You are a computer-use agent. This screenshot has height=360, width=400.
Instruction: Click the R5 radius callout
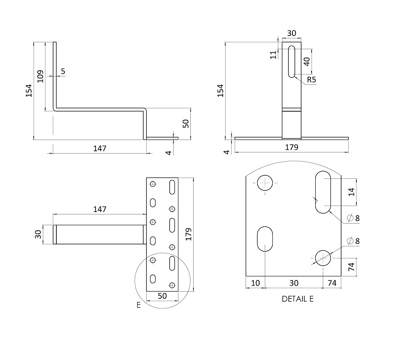tap(311, 80)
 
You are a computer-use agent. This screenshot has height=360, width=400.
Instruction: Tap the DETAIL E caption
tap(298, 299)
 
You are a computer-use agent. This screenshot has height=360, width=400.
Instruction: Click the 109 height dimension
tap(40, 76)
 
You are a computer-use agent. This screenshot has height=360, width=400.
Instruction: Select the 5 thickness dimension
tap(63, 71)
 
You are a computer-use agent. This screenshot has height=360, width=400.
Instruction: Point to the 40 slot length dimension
tap(307, 61)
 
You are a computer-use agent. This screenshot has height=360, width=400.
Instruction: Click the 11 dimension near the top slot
tap(273, 54)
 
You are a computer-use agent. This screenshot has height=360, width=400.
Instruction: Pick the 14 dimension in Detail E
tap(352, 192)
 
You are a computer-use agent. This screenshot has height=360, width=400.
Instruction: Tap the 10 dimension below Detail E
tap(255, 283)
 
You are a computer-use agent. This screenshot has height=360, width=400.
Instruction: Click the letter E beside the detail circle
tap(138, 305)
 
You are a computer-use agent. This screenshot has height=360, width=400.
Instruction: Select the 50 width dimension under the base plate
tap(162, 296)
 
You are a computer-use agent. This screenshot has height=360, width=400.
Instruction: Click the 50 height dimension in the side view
tap(186, 124)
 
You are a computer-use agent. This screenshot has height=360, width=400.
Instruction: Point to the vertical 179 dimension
tap(188, 234)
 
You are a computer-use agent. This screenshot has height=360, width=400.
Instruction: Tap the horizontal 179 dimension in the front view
tap(291, 147)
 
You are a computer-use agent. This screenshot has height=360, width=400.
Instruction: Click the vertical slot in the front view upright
tap(291, 62)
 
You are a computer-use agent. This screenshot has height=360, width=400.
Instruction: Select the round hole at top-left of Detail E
tap(265, 183)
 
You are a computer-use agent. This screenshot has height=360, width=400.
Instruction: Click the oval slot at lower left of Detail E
tap(265, 239)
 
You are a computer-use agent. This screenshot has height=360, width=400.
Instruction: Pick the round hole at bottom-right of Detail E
tap(323, 258)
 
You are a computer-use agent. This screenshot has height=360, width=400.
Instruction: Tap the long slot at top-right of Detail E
tap(323, 192)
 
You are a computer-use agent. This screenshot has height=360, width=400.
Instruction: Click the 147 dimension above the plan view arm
tap(100, 209)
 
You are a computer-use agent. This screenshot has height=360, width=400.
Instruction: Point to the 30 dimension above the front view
tap(291, 33)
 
